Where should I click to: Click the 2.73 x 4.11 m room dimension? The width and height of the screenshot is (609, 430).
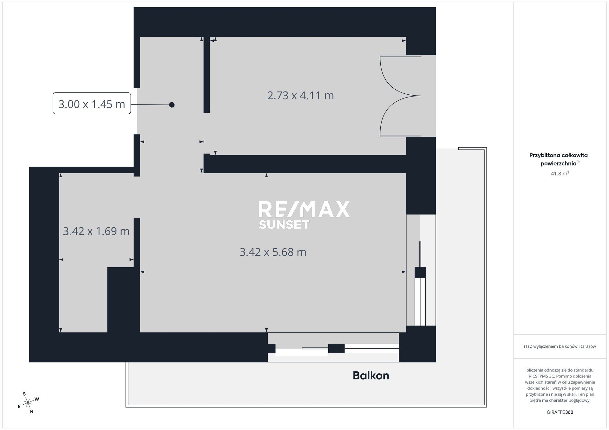(x=300, y=95)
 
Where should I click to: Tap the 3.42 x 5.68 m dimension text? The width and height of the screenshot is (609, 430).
(x=273, y=252)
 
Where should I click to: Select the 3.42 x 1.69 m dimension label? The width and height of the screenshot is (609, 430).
(x=96, y=231)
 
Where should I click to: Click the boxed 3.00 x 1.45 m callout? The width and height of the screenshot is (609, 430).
(x=92, y=103)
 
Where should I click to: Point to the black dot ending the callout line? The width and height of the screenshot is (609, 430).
(x=172, y=105)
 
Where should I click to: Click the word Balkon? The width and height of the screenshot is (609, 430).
(x=371, y=376)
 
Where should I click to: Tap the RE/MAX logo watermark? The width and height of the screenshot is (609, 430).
(x=304, y=209)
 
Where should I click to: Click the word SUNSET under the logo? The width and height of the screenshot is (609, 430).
(x=284, y=224)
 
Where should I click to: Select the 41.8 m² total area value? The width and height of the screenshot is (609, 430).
(x=560, y=174)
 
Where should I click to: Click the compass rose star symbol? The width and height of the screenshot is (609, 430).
(x=29, y=403)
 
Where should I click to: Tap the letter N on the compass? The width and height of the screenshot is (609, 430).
(x=31, y=412)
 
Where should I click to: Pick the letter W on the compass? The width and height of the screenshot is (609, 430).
(x=37, y=399)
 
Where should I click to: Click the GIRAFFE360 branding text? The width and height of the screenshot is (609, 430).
(x=560, y=412)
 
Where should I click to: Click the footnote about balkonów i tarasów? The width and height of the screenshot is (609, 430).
(x=560, y=346)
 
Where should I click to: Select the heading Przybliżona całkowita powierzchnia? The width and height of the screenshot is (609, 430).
(x=559, y=159)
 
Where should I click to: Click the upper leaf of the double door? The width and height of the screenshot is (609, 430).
(x=400, y=75)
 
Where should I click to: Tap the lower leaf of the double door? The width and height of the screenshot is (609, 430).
(x=400, y=116)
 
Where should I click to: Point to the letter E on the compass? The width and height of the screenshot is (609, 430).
(x=19, y=407)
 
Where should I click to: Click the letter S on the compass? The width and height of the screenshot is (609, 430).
(x=24, y=394)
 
